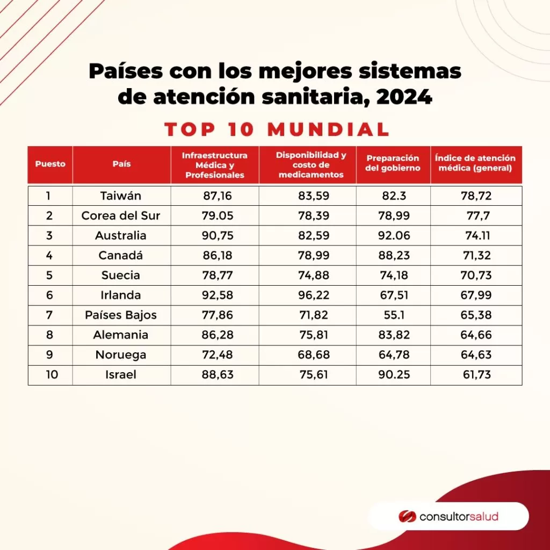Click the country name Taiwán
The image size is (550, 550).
pyautogui.click(x=121, y=196)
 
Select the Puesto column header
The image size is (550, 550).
pyautogui.click(x=50, y=164)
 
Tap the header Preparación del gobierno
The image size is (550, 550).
pyautogui.click(x=393, y=163)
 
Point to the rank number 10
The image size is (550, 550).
pyautogui.click(x=53, y=374)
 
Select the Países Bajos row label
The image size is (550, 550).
pyautogui.click(x=121, y=315)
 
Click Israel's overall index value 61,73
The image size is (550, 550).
pyautogui.click(x=476, y=374)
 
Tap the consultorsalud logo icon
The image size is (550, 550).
pyautogui.click(x=407, y=517)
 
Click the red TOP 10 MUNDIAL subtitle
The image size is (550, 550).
pyautogui.click(x=277, y=129)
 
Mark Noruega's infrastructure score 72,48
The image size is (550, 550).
pyautogui.click(x=218, y=354)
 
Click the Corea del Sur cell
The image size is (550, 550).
pyautogui.click(x=121, y=215)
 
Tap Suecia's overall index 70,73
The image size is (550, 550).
pyautogui.click(x=476, y=275)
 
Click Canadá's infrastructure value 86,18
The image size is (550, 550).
pyautogui.click(x=218, y=255)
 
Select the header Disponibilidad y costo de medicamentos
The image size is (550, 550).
pyautogui.click(x=311, y=164)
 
